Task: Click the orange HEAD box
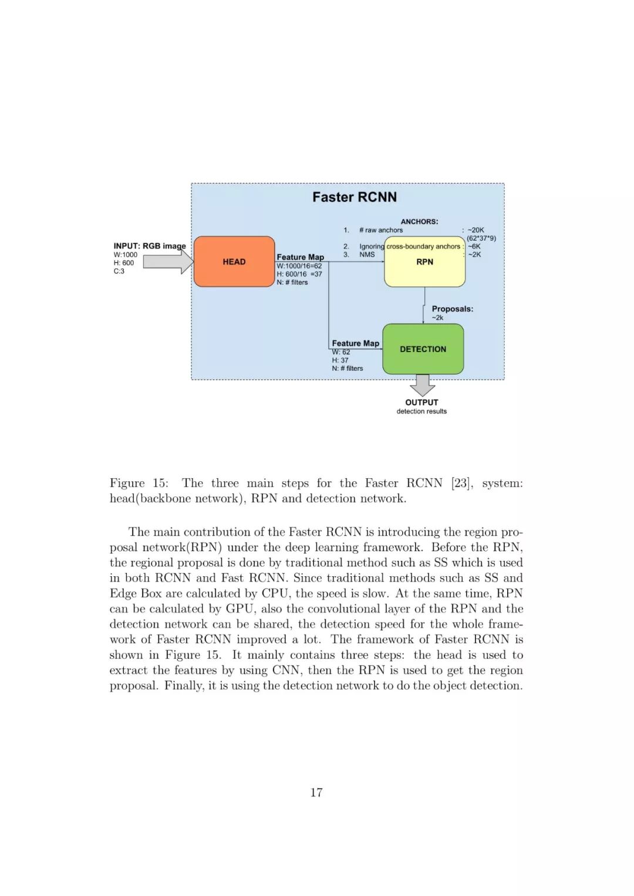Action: tap(234, 262)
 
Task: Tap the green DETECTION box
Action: tap(423, 349)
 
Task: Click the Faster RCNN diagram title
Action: tap(354, 197)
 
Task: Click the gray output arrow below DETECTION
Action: tap(422, 385)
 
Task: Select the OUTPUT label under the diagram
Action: tap(421, 403)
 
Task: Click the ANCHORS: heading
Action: tap(419, 221)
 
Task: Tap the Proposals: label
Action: tap(452, 309)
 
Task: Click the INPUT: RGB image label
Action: tap(149, 246)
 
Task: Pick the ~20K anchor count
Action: tap(475, 230)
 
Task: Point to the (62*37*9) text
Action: tap(481, 238)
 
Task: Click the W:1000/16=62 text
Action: tap(299, 266)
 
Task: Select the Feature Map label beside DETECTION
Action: tap(355, 343)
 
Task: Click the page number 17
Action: tap(316, 793)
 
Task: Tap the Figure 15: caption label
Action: tap(139, 483)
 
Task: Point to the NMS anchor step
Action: tap(367, 255)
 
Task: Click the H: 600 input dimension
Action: tap(124, 263)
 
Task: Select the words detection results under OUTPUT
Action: tap(421, 411)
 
